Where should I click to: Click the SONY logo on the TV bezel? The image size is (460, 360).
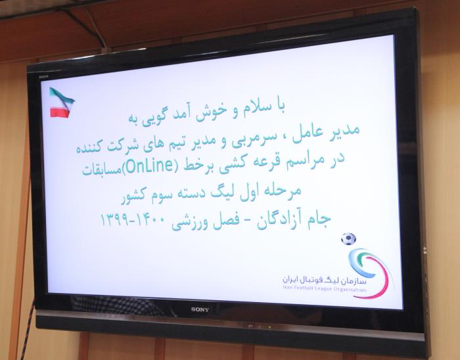pos(200,309)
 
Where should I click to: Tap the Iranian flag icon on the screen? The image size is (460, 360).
pos(62,102)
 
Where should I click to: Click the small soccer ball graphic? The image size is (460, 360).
pos(348,239)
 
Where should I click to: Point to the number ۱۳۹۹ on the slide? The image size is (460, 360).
pos(114,219)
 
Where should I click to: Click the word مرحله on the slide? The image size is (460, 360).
pos(283,191)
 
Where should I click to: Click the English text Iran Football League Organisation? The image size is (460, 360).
pos(325,289)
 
